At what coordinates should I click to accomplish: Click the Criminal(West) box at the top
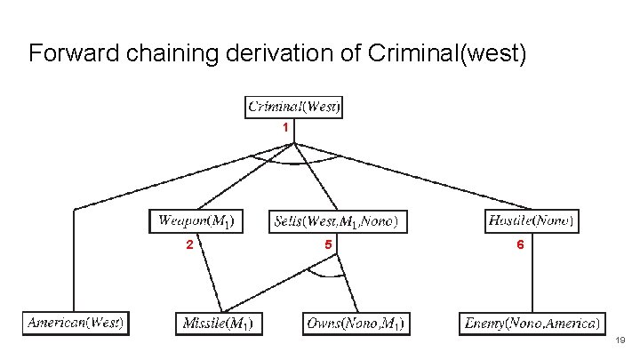(293, 108)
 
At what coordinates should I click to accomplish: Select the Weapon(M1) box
(196, 220)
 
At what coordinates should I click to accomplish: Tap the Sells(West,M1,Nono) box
(333, 220)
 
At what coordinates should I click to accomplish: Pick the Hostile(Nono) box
(532, 220)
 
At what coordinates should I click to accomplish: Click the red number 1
(285, 128)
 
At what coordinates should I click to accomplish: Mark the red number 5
(328, 244)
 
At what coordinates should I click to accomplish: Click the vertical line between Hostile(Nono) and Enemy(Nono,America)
(532, 276)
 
